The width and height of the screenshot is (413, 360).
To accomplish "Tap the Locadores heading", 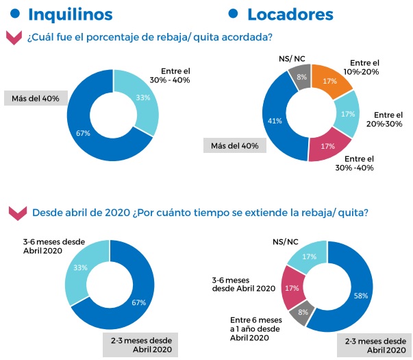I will click(x=290, y=14).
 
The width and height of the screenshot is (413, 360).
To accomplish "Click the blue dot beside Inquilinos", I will click(x=15, y=14).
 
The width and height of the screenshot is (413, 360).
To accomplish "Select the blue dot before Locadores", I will click(x=232, y=14).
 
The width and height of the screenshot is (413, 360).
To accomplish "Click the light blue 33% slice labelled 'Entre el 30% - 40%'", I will click(x=142, y=97).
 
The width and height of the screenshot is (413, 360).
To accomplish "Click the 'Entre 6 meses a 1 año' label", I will click(x=255, y=328).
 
